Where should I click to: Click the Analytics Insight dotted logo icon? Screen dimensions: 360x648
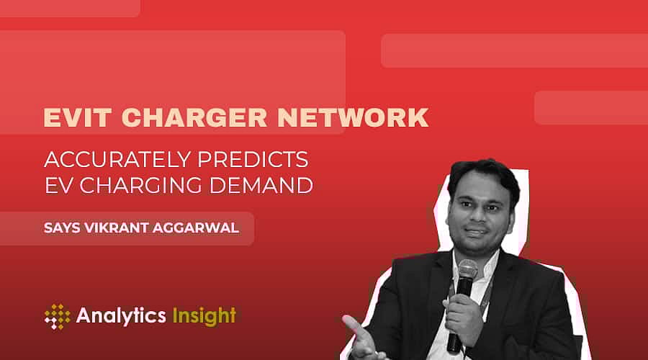pos(57,315)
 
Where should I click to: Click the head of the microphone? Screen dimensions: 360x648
pos(467,272)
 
